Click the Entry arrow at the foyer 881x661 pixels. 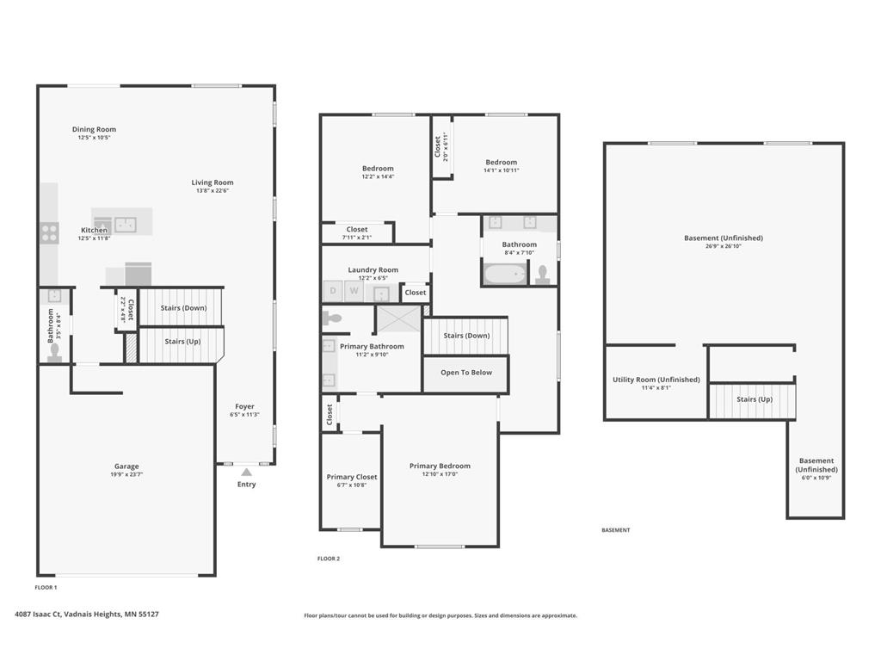(x=247, y=472)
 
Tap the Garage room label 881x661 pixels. (x=126, y=466)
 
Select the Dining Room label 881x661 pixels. (x=94, y=129)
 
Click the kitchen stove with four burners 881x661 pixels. (x=49, y=231)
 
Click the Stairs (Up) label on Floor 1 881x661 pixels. (x=182, y=342)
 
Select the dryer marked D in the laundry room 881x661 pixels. (x=333, y=292)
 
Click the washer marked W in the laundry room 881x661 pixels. (x=354, y=292)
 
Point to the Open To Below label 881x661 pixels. (x=466, y=373)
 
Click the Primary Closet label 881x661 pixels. (x=352, y=477)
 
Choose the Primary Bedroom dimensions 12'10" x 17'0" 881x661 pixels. (x=440, y=474)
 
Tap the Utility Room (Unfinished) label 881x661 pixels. (x=656, y=380)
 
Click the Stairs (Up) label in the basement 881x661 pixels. (x=754, y=399)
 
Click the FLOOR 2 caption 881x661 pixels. (x=329, y=559)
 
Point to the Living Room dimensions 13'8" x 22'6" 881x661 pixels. (x=212, y=191)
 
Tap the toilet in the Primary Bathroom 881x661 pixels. (x=334, y=318)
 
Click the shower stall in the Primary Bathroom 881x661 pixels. (x=398, y=318)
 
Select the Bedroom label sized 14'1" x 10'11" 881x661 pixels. (x=501, y=162)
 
